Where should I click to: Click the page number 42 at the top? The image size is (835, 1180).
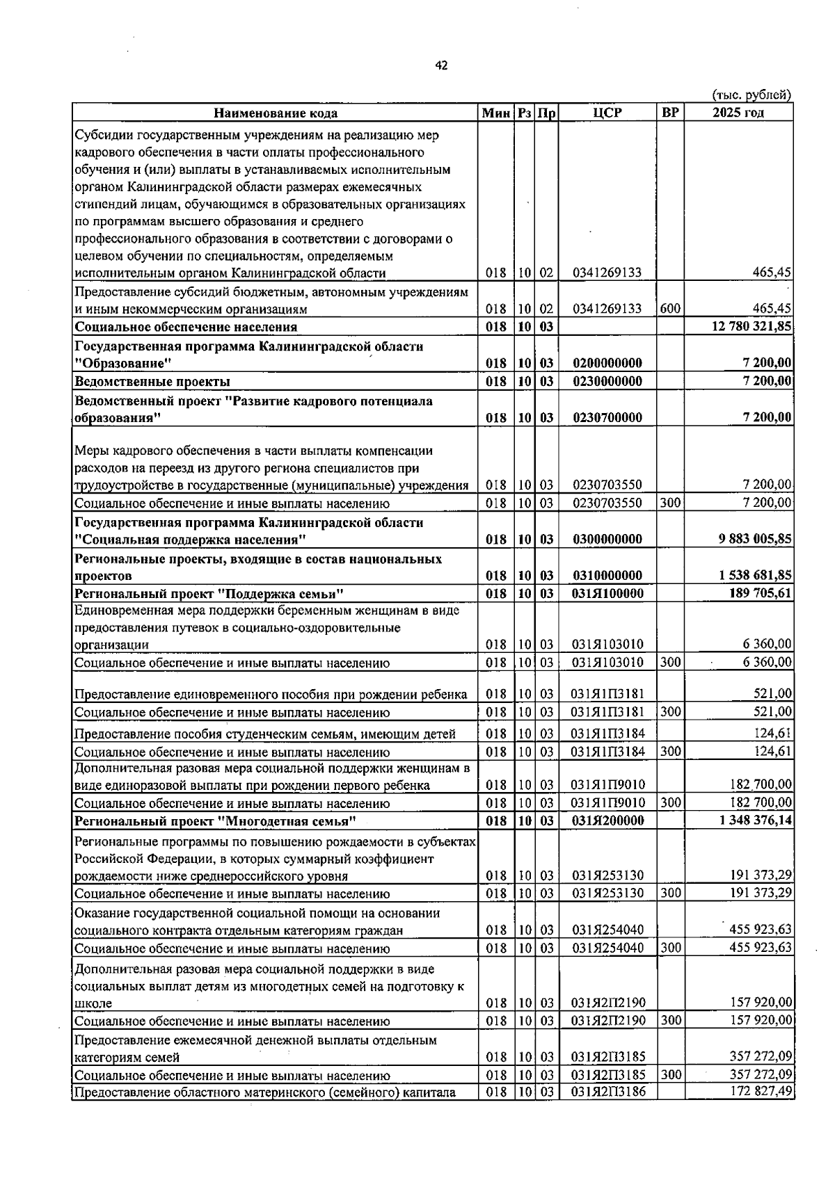441,66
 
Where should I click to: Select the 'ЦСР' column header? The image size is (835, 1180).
607,113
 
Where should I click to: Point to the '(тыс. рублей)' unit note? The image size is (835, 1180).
751,95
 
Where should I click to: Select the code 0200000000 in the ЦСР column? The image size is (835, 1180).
607,363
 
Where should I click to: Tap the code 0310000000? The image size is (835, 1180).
607,575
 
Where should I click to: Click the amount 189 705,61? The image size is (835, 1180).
761,593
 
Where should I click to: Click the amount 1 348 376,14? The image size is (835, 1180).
756,821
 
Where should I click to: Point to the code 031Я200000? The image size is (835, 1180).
607,821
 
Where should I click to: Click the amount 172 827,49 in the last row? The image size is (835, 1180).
761,1092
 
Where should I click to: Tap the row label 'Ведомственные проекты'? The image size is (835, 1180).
152,381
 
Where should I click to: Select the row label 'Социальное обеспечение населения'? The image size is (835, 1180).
186,327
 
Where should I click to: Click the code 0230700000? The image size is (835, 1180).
607,417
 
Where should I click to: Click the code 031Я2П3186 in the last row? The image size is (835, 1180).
608,1092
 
